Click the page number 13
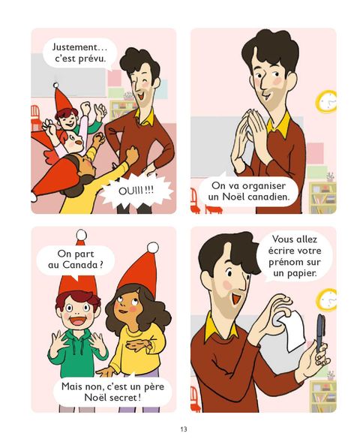pyautogui.click(x=184, y=428)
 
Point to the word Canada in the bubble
pyautogui.click(x=79, y=265)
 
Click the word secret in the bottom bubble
pyautogui.click(x=124, y=398)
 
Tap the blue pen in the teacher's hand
pyautogui.click(x=320, y=332)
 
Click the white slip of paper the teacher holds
pyautogui.click(x=295, y=330)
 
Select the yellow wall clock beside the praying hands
pyautogui.click(x=327, y=101)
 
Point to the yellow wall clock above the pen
pyautogui.click(x=328, y=299)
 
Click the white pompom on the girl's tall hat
pyautogui.click(x=152, y=247)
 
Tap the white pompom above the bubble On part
pyautogui.click(x=82, y=234)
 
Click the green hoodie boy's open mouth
pyautogui.click(x=77, y=320)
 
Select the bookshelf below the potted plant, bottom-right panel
pyautogui.click(x=322, y=396)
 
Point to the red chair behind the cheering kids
pyautogui.click(x=35, y=116)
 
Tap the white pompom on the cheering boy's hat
pyautogui.click(x=56, y=85)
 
